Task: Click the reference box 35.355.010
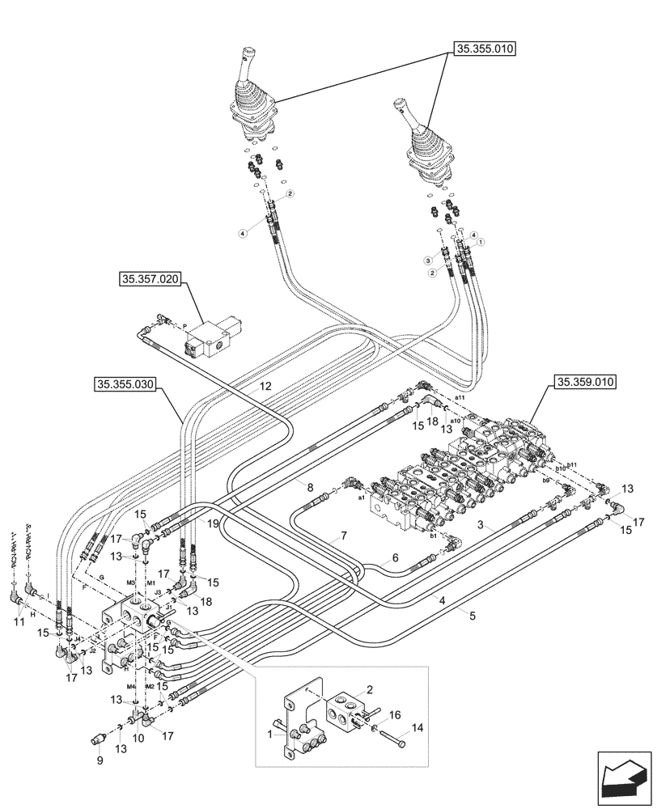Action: (x=485, y=49)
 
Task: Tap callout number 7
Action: (x=344, y=535)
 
